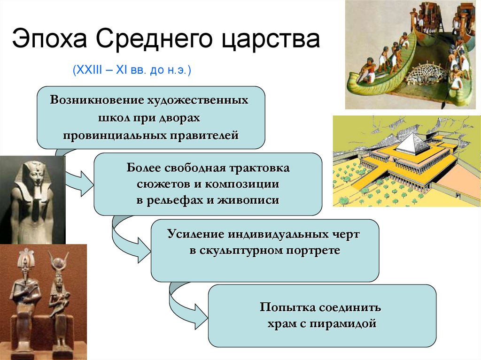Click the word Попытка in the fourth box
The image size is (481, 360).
(287, 308)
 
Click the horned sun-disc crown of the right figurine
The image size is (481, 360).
(60, 261)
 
